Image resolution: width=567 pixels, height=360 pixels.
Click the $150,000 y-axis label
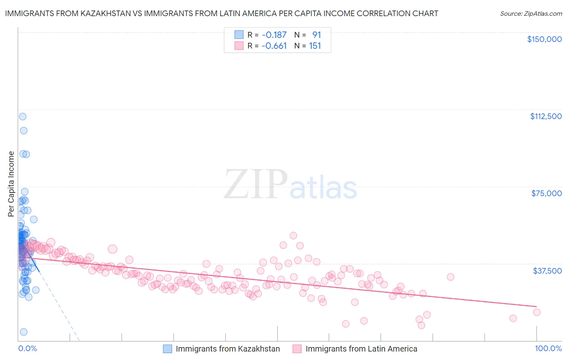pyautogui.click(x=544, y=39)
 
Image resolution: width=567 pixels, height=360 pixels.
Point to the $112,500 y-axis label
pyautogui.click(x=546, y=116)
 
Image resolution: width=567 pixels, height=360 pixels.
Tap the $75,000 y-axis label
pyautogui.click(x=546, y=193)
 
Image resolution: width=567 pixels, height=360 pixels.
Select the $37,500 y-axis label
pyautogui.click(x=547, y=271)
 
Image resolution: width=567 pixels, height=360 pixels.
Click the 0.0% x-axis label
pyautogui.click(x=27, y=349)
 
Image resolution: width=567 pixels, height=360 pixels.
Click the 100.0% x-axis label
pyautogui.click(x=548, y=349)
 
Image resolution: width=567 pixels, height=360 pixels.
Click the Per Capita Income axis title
pyautogui.click(x=11, y=184)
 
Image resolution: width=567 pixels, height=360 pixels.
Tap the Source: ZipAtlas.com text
pyautogui.click(x=531, y=13)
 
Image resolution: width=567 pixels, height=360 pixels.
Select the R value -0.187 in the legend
pyautogui.click(x=274, y=35)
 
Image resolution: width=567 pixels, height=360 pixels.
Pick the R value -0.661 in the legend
pyautogui.click(x=274, y=46)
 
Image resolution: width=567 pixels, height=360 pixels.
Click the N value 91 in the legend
pyautogui.click(x=316, y=35)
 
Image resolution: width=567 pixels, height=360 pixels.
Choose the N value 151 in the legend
pyautogui.click(x=315, y=46)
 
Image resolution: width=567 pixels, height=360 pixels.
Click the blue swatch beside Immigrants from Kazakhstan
pyautogui.click(x=167, y=349)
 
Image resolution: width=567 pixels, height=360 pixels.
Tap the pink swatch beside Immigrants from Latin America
pyautogui.click(x=297, y=349)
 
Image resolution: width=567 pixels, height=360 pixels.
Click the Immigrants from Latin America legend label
pyautogui.click(x=361, y=349)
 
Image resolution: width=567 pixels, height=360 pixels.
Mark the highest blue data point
pyautogui.click(x=23, y=116)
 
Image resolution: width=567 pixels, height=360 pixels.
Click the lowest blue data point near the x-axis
pyautogui.click(x=24, y=332)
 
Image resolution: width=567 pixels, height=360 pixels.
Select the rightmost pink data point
pyautogui.click(x=536, y=312)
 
